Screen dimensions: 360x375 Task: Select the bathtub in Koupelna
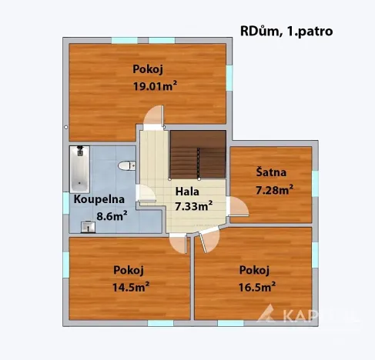click(x=78, y=168)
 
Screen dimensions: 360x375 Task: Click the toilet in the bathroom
click(x=126, y=165)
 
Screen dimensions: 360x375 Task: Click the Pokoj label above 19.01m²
click(x=147, y=68)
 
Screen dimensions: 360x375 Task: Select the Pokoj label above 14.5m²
click(x=129, y=270)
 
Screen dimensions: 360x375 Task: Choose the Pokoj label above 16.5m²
click(x=255, y=270)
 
